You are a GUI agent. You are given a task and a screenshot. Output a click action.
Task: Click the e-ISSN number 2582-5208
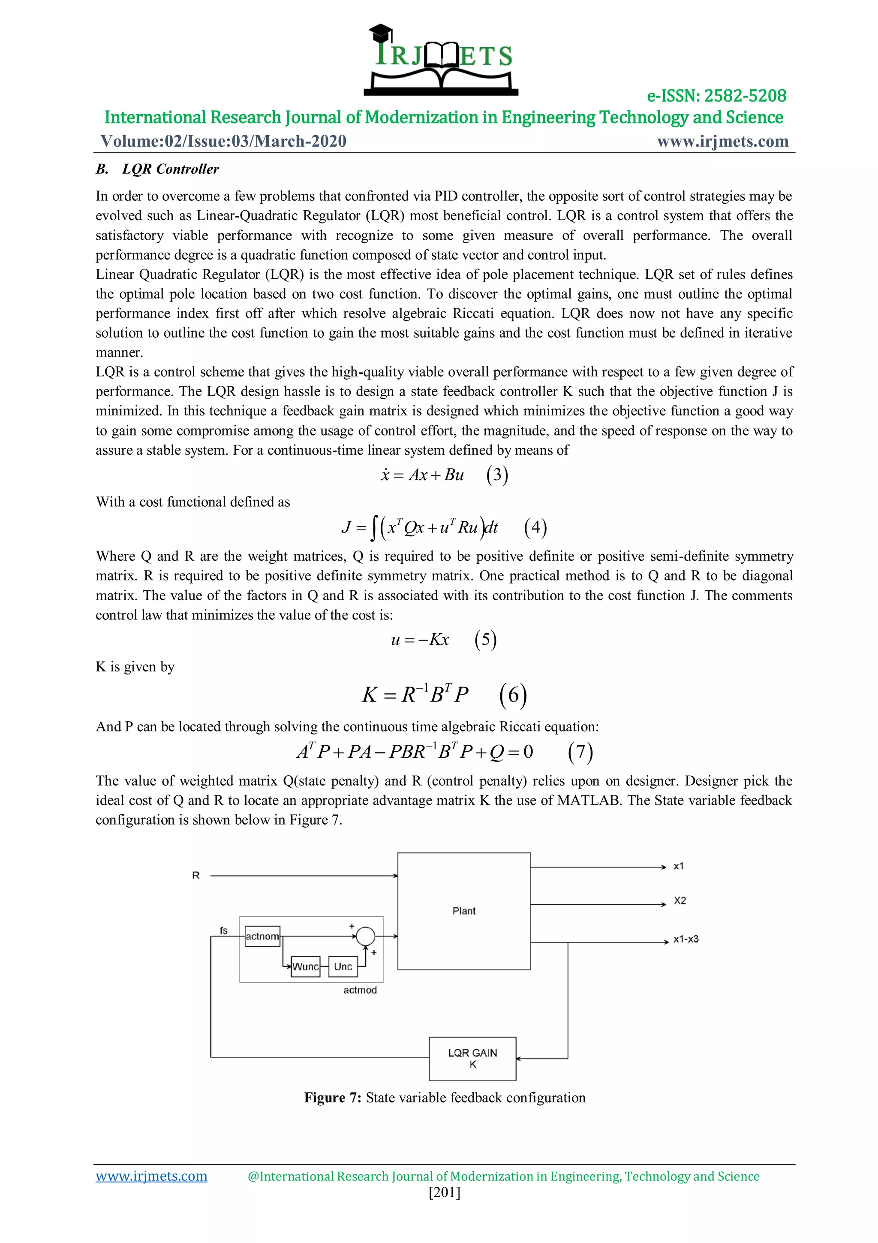[x=716, y=96]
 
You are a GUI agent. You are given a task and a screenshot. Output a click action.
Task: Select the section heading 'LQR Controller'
[x=170, y=169]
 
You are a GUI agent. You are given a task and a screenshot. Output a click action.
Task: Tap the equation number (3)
[x=496, y=475]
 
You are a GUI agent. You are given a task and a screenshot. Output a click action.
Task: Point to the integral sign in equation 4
[x=373, y=528]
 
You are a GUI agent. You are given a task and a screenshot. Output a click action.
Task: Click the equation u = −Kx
[x=420, y=640]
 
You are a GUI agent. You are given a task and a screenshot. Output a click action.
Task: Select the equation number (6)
[x=512, y=695]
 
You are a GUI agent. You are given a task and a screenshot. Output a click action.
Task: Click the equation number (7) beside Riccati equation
[x=580, y=752]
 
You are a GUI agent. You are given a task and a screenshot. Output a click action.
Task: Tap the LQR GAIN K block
[x=472, y=1059]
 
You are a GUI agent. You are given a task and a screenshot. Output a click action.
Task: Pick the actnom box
[x=262, y=936]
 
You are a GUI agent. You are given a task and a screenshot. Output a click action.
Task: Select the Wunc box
[x=305, y=966]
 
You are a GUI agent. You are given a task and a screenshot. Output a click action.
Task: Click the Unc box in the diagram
[x=343, y=966]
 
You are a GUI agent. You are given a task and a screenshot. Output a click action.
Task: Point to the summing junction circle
[x=366, y=935]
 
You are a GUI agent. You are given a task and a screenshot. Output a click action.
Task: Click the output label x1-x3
[x=686, y=939]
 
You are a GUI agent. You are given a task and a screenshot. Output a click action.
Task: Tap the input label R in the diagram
[x=196, y=875]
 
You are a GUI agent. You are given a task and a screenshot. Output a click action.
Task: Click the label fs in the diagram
[x=223, y=931]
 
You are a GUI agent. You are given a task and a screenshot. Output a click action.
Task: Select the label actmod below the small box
[x=360, y=990]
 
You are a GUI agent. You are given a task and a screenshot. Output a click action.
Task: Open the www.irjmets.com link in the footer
[x=151, y=1176]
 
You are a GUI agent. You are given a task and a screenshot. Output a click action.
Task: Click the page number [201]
[x=444, y=1193]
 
